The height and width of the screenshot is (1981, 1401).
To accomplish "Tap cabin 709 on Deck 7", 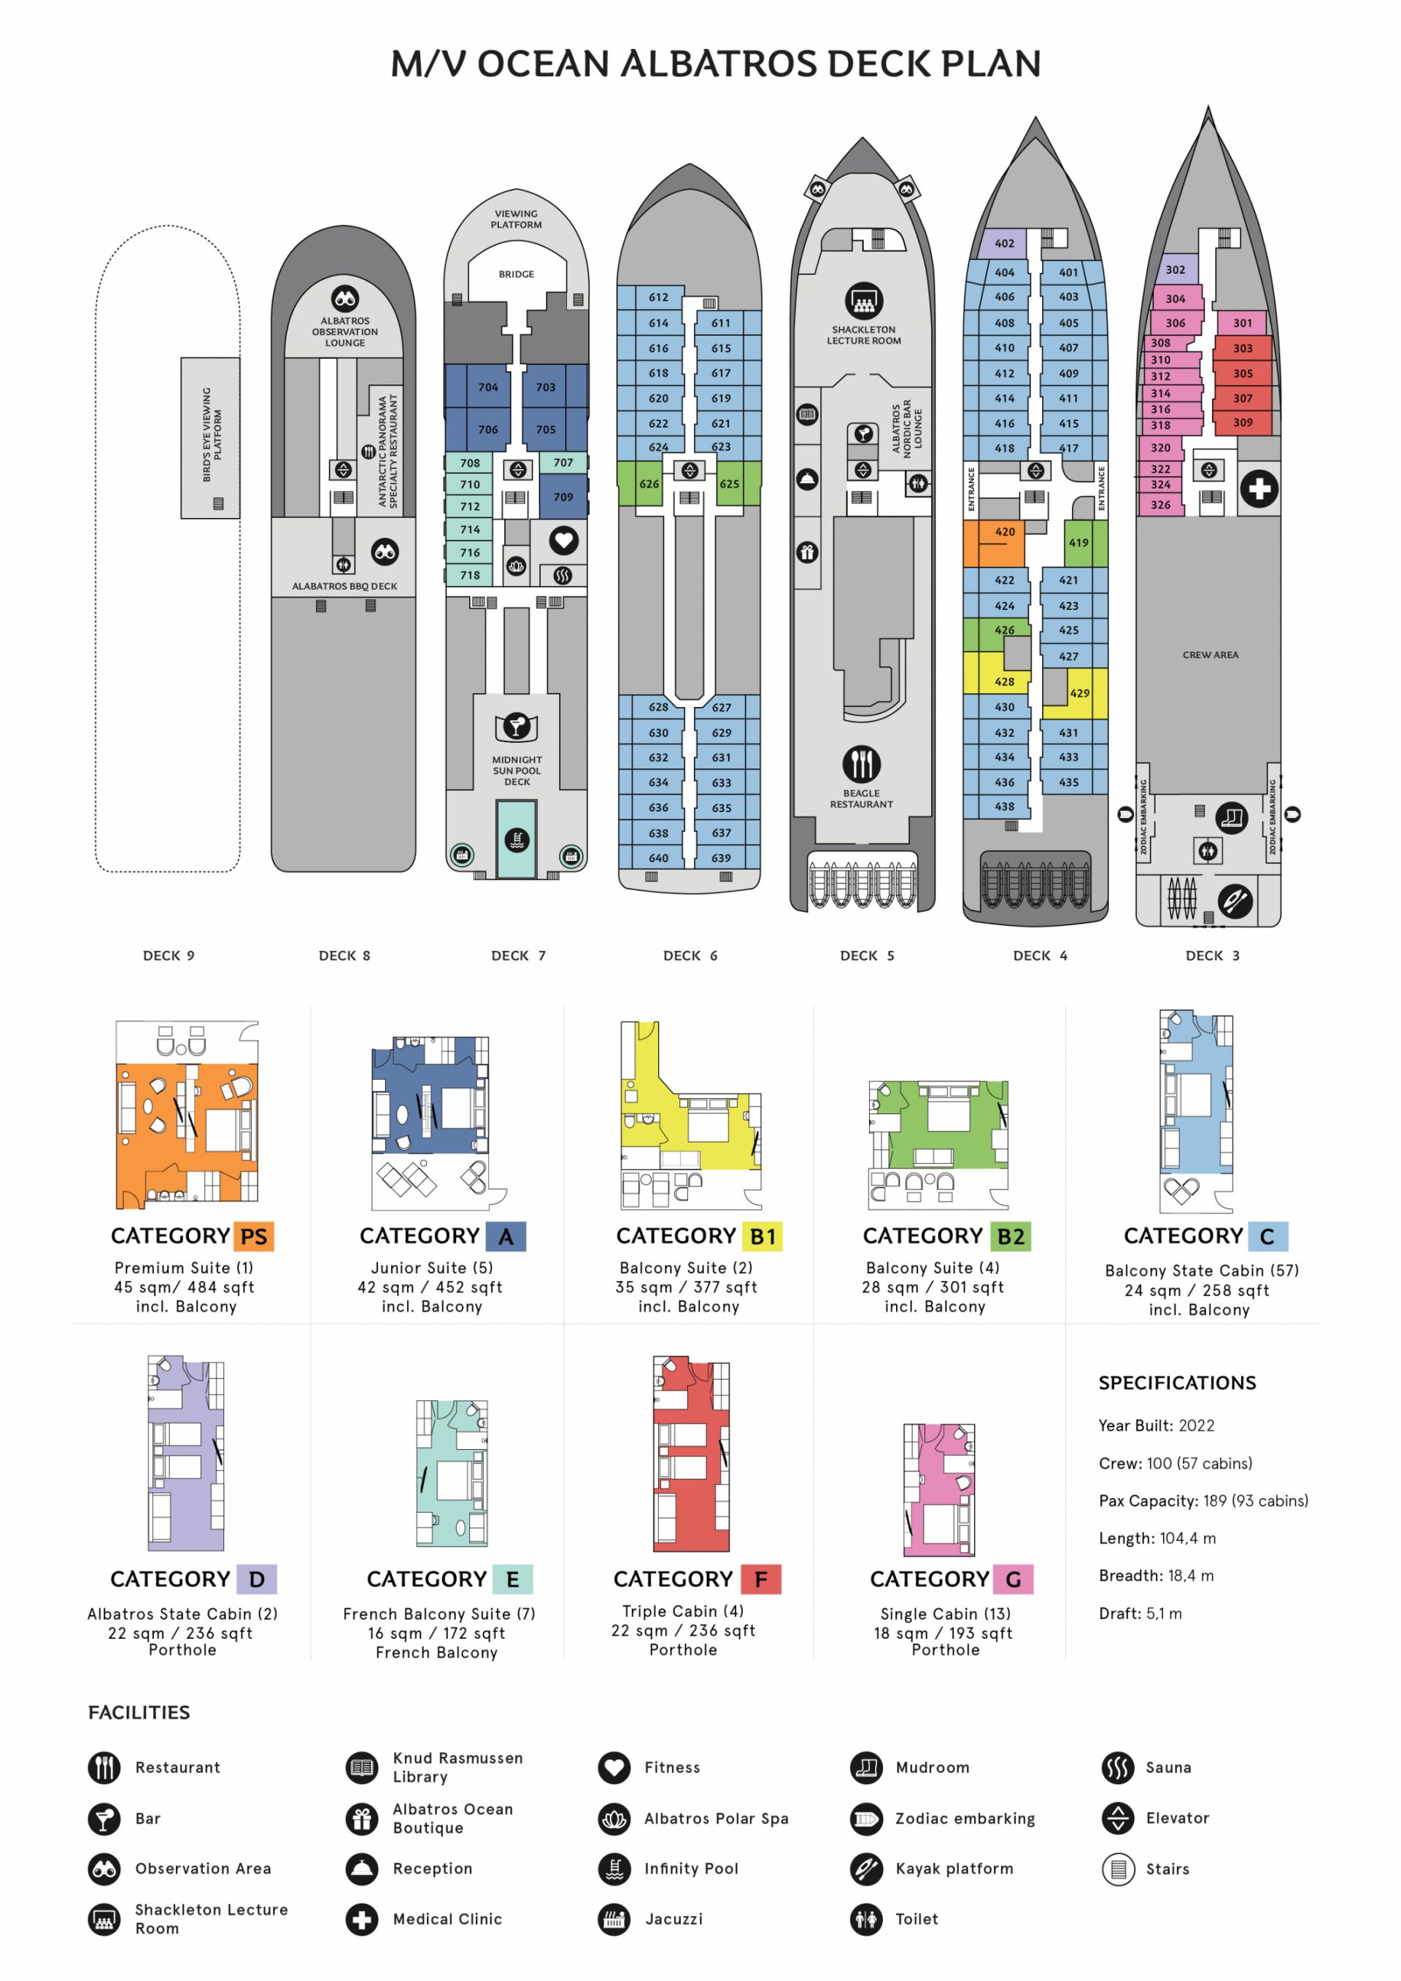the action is click(x=563, y=497).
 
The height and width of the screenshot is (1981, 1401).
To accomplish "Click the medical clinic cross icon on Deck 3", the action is click(x=1259, y=489).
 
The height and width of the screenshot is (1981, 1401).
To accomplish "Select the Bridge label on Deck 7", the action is click(x=516, y=274).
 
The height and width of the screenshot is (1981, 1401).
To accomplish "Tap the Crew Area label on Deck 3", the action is click(x=1211, y=655).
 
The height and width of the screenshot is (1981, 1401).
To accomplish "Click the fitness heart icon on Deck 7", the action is click(x=563, y=541).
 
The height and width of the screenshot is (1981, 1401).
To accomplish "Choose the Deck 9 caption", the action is click(x=169, y=955).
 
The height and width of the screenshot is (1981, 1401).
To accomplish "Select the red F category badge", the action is click(x=760, y=1579).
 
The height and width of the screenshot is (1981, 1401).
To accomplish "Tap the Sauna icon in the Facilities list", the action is click(x=1117, y=1767).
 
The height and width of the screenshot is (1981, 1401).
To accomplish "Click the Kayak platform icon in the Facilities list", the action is click(x=866, y=1868).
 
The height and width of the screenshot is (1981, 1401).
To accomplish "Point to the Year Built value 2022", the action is click(x=1196, y=1425).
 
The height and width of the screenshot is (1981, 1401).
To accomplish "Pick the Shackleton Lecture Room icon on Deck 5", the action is click(x=862, y=301).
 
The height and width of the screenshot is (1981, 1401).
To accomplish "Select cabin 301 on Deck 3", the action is click(x=1242, y=323).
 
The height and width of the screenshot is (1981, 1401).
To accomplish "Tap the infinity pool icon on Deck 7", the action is click(x=516, y=840).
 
